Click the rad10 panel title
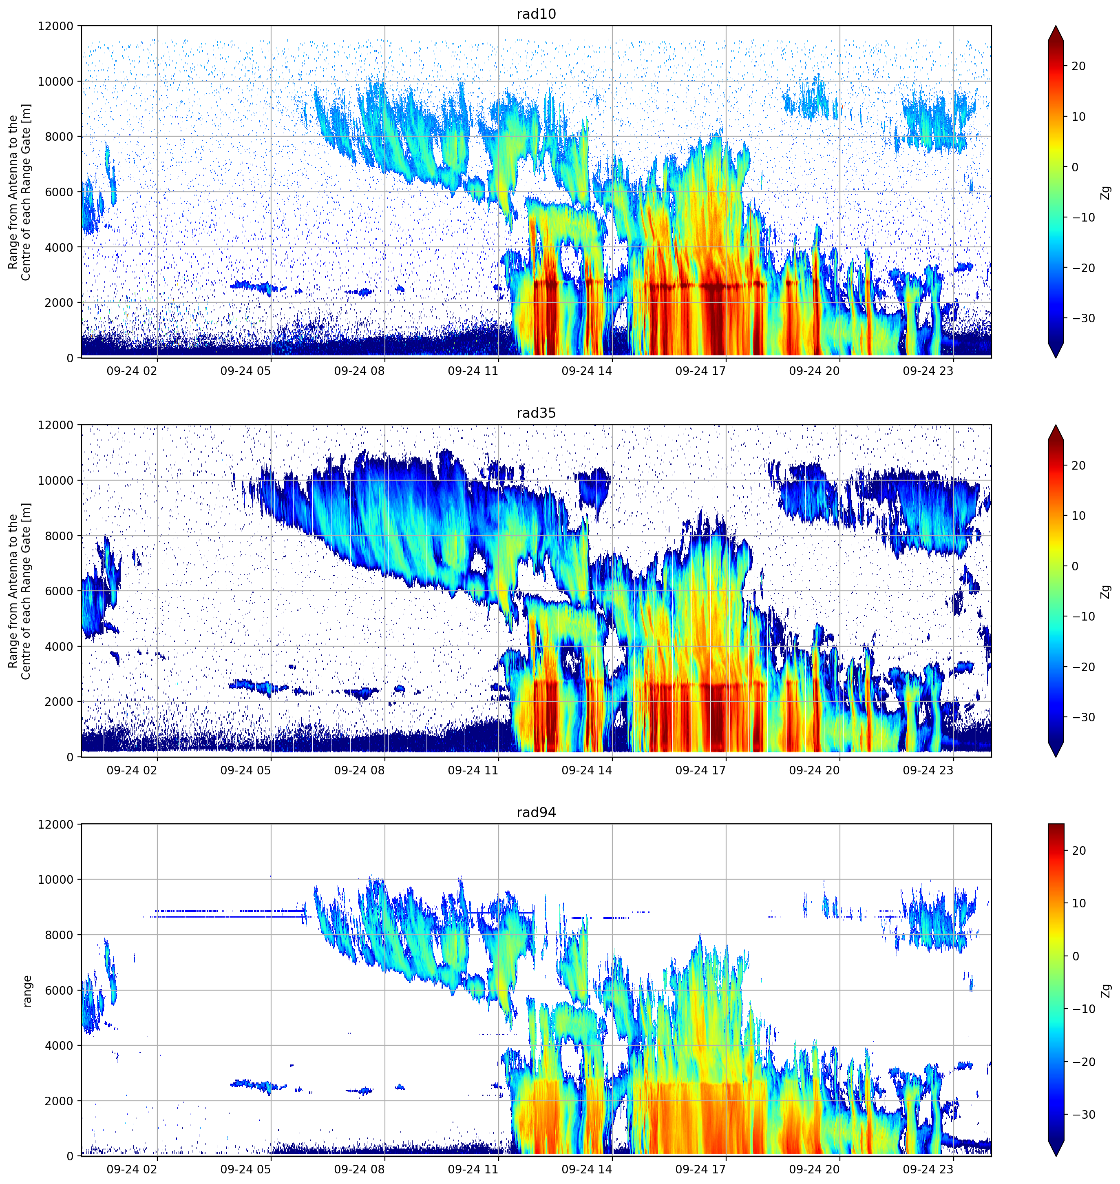(536, 14)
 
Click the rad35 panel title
(536, 413)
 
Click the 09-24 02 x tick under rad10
(132, 370)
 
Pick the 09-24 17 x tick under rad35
(700, 770)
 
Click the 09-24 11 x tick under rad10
(473, 370)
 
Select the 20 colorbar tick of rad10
(1078, 67)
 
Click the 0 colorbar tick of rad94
(1075, 956)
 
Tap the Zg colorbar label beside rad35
(1106, 592)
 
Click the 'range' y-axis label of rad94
(27, 991)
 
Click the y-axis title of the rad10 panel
(19, 192)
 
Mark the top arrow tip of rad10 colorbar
(1056, 26)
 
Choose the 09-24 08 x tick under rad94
(360, 1169)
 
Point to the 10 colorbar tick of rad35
(1078, 516)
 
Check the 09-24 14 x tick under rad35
(587, 770)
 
